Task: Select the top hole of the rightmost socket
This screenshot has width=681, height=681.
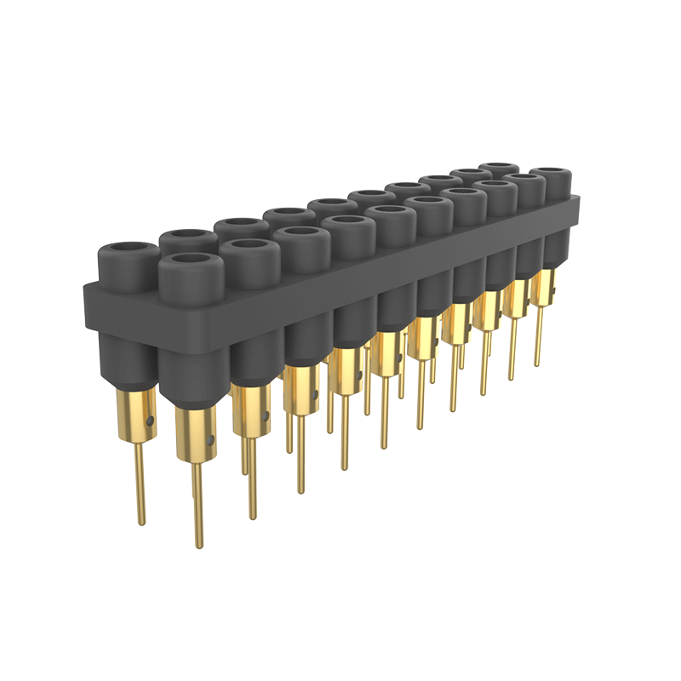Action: pos(550,175)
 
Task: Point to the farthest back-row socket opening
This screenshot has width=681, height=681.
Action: pos(498,167)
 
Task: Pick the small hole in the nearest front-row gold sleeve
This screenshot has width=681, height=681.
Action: pos(211,442)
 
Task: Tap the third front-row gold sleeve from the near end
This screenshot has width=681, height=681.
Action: pos(300,388)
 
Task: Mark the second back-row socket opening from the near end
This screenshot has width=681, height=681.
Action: pos(189,236)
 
